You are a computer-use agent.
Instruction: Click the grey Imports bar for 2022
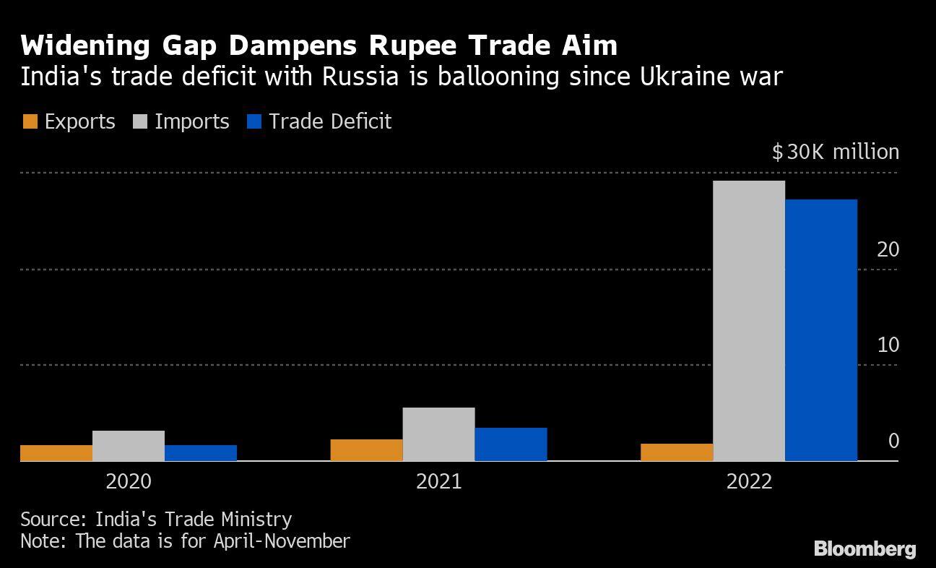748,320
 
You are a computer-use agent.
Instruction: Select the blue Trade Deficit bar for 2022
820,330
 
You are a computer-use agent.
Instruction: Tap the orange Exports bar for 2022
676,452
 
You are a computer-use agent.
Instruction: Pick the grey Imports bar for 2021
438,434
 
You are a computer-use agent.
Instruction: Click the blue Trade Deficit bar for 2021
511,444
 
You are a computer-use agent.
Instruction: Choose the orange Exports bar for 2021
366,449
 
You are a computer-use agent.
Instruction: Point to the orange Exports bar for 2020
56,452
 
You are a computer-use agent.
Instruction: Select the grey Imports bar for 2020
129,445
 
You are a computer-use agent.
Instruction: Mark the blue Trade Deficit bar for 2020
201,452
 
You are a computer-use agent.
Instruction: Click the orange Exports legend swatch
30,121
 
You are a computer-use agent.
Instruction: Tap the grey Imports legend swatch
139,121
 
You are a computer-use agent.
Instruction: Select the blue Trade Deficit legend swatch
253,121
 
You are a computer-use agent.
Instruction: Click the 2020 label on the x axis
129,481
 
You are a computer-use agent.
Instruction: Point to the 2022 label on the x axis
749,481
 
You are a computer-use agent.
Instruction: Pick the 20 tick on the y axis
888,249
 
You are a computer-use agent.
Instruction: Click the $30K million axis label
835,152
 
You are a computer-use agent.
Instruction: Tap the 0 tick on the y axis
893,441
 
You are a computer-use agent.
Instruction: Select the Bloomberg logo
864,549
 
